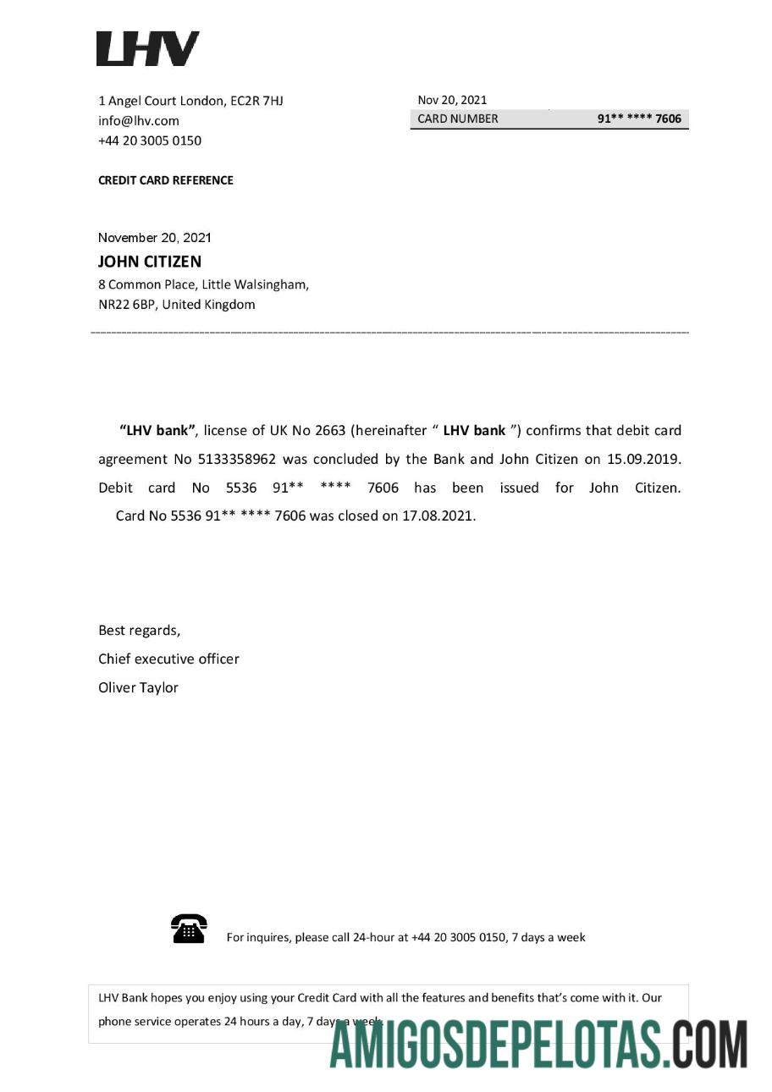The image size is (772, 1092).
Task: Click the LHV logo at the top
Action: click(x=148, y=49)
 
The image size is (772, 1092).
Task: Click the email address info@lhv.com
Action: click(x=139, y=121)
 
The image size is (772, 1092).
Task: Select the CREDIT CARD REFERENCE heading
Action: click(x=166, y=180)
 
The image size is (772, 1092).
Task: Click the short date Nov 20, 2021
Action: click(x=452, y=100)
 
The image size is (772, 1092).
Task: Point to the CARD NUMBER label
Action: click(x=458, y=119)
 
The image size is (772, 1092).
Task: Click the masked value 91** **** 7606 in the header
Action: click(x=639, y=119)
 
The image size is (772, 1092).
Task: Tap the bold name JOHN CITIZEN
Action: click(x=150, y=262)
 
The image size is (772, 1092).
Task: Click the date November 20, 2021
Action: click(x=155, y=238)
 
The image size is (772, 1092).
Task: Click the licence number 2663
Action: click(x=330, y=431)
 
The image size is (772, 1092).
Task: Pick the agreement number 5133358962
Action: click(x=237, y=460)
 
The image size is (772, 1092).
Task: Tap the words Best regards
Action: click(x=140, y=631)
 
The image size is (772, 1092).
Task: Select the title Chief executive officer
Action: click(x=169, y=659)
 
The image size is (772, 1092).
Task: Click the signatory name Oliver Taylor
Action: click(x=139, y=688)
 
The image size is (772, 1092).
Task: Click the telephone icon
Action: click(x=189, y=929)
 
